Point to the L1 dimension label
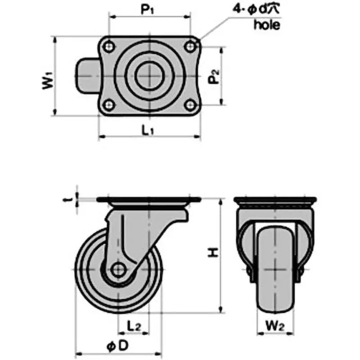coord(148,130)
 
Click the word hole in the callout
coord(266,25)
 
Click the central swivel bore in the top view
coord(148,76)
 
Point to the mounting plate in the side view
coord(148,200)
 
